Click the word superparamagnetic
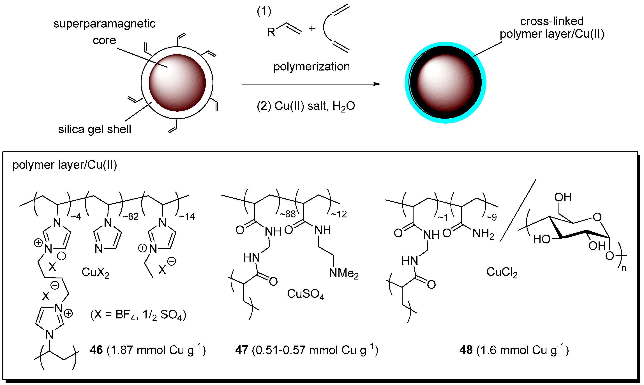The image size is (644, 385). [104, 24]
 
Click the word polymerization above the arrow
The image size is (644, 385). [311, 67]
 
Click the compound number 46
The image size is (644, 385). [96, 350]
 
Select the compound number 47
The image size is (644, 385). [242, 350]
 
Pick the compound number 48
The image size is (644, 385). [466, 350]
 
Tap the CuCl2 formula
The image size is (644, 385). [502, 272]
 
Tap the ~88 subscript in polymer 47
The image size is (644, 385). [288, 214]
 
